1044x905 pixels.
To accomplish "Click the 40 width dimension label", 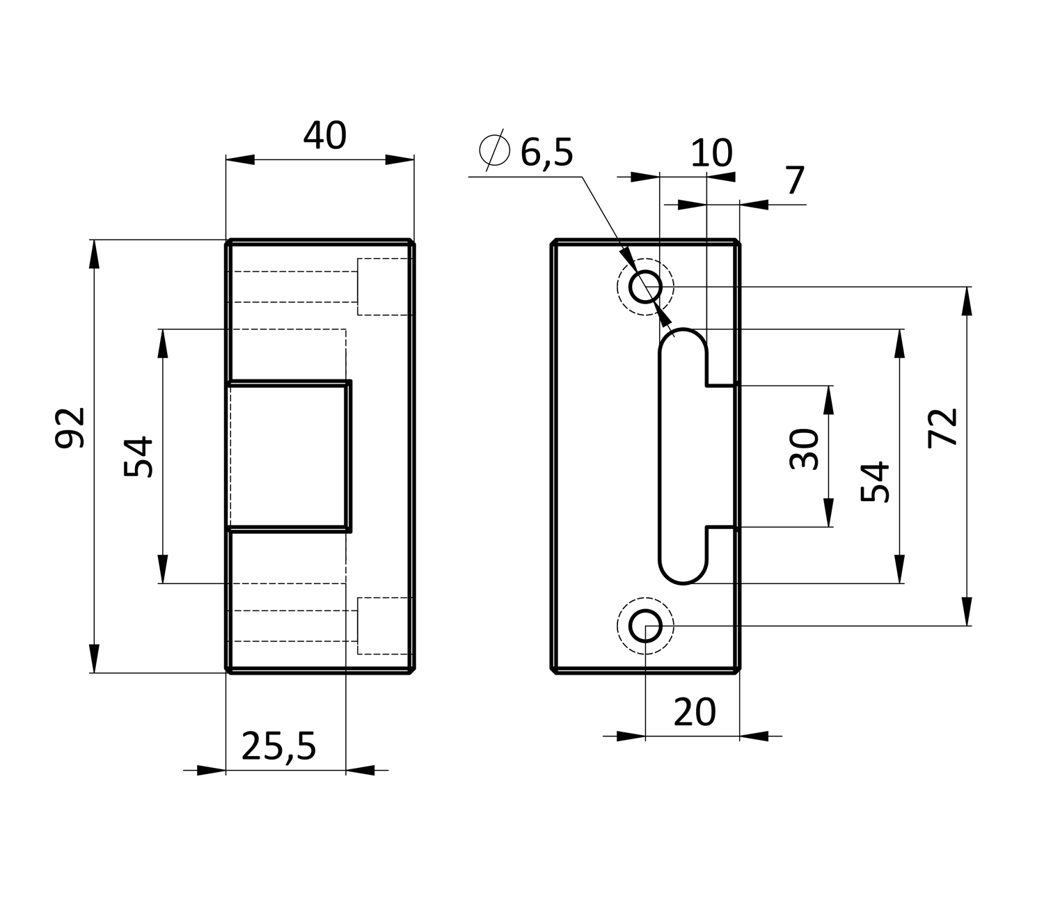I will pos(324,136).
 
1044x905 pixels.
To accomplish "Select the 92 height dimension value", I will pos(70,427).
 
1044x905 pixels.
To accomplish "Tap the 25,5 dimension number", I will pos(279,747).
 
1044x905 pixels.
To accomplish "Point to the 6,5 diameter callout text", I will pos(547,152).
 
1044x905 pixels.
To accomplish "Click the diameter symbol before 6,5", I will pos(494,149).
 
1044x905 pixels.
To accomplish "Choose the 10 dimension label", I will pos(711,153).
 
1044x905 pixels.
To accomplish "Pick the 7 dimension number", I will pos(795,181).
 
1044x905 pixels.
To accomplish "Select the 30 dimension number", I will pos(806,450).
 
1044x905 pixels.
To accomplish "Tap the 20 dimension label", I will pos(695,712).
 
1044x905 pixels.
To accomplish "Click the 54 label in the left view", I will pos(139,457).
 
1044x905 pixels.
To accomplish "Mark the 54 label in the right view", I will pos(876,482).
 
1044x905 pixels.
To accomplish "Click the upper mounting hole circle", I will pos(645,286).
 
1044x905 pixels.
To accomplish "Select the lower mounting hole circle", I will pos(645,626).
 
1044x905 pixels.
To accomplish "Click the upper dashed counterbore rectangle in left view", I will pos(384,286).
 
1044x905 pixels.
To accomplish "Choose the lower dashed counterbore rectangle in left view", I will pos(384,625).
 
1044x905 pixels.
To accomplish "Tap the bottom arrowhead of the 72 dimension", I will pos(966,611).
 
